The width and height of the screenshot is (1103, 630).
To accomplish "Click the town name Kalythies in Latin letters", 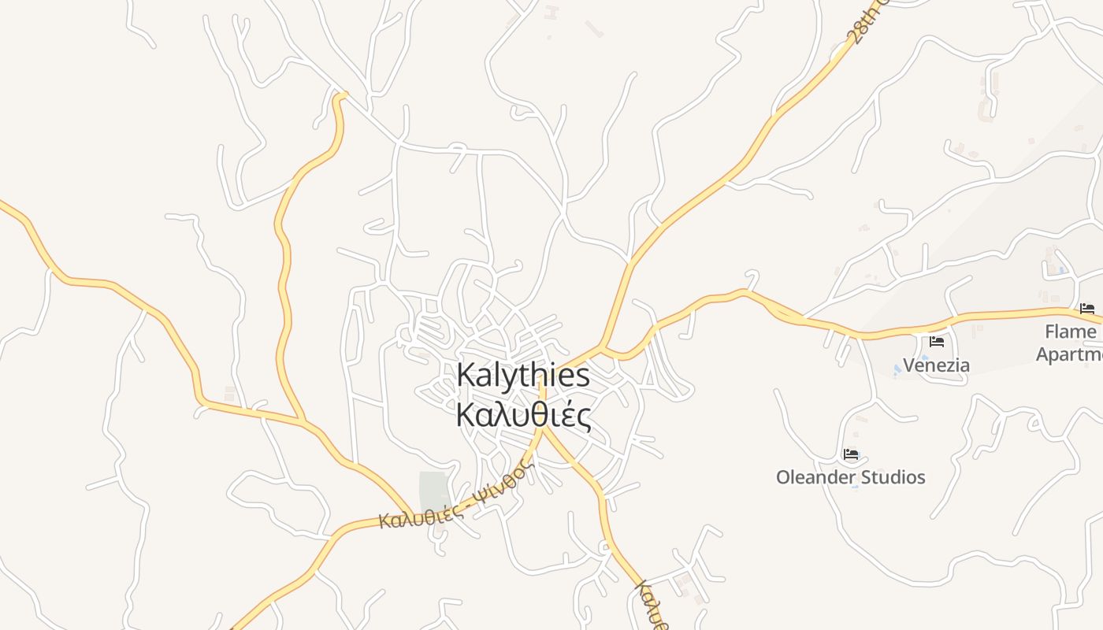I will tap(523, 375).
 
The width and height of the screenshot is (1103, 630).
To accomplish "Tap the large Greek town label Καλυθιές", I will tap(523, 415).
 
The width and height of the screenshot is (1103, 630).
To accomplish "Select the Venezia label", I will tap(936, 365).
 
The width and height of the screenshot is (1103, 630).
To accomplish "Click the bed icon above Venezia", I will tap(937, 342).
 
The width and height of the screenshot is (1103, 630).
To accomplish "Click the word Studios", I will tap(893, 477).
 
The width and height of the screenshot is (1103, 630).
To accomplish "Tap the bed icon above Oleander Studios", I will tap(851, 454).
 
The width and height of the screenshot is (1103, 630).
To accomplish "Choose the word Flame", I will tap(1070, 331).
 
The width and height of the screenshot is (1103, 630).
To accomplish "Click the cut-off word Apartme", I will tap(1068, 354).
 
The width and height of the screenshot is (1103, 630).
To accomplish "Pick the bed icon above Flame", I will tap(1087, 308).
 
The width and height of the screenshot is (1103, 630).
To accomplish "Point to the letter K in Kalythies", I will tap(466, 375).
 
